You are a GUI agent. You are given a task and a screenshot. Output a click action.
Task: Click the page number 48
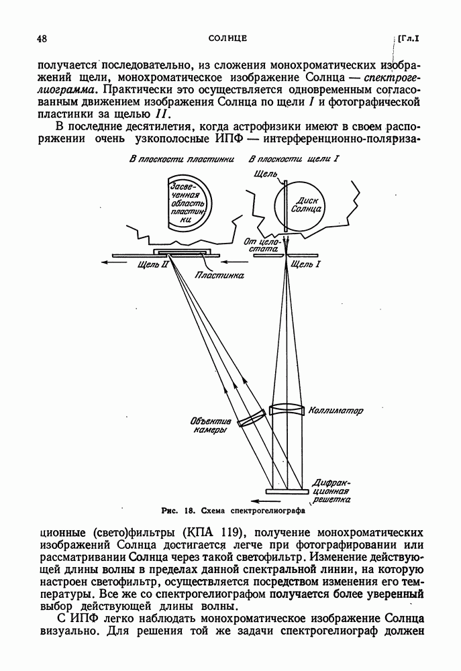42,39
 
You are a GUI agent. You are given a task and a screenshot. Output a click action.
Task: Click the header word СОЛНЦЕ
228,39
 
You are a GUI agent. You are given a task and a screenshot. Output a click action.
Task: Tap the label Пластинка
219,274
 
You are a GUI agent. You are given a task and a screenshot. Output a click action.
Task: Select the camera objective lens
248,418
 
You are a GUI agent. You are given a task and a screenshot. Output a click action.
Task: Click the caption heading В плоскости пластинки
182,160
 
